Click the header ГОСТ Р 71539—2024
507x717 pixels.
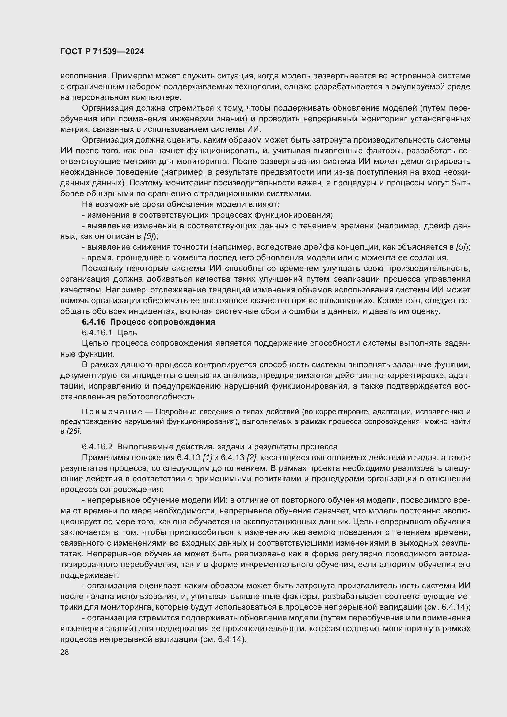(x=102, y=52)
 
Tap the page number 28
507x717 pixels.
(x=64, y=652)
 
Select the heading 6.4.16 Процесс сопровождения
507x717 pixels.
(x=148, y=322)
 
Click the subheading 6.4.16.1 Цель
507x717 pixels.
(x=109, y=333)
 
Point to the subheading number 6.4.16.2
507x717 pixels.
(x=97, y=447)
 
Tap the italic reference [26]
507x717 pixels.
(x=74, y=432)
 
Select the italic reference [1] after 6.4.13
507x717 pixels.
(x=207, y=458)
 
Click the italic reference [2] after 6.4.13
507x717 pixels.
(x=251, y=458)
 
